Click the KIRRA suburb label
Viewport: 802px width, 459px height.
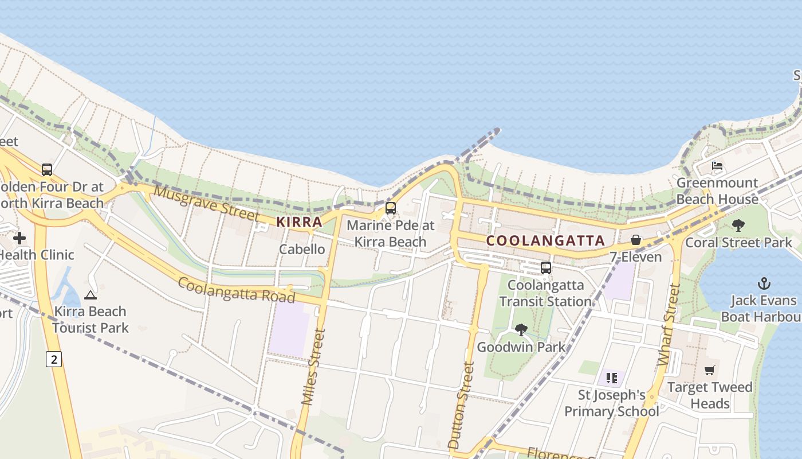click(x=299, y=222)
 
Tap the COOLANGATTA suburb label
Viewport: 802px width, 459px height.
click(x=545, y=241)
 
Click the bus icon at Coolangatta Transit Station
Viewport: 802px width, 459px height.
click(x=546, y=268)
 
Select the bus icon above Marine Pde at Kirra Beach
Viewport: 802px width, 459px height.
click(x=391, y=208)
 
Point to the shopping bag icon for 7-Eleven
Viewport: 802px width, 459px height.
click(x=636, y=240)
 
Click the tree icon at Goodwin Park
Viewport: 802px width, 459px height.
click(x=521, y=330)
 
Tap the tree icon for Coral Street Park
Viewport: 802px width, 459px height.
click(x=738, y=225)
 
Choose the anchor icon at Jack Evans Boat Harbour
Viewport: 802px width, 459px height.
click(x=764, y=283)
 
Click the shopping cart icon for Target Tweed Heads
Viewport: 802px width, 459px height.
click(x=710, y=371)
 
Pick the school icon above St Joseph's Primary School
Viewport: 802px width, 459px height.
click(x=612, y=378)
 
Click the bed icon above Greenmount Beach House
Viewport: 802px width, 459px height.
click(x=717, y=166)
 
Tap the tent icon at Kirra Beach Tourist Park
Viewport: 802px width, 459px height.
click(x=90, y=295)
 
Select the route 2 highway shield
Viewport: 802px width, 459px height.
click(x=54, y=360)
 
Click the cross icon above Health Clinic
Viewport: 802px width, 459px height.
click(x=19, y=238)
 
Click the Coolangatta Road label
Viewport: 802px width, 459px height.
click(x=236, y=290)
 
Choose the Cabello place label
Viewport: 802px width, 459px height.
click(x=302, y=249)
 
